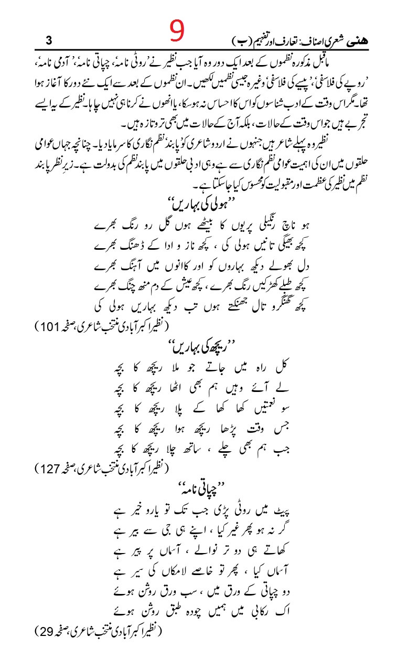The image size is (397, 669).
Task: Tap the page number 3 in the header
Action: coord(49,40)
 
